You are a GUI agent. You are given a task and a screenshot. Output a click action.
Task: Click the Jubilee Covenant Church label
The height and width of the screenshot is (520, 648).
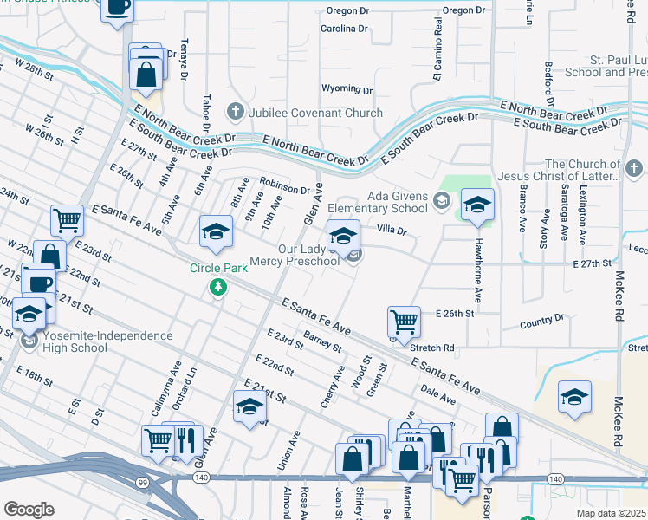[x=315, y=113]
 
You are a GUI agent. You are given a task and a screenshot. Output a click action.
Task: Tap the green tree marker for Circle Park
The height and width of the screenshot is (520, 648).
[x=218, y=287]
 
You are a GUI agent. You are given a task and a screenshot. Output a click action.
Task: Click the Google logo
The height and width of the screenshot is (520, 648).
[x=29, y=509]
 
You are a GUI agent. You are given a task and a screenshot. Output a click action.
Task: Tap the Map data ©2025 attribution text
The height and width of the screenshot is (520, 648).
[x=611, y=513]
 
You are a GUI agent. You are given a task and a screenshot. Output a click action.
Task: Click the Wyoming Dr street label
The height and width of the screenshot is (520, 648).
[x=347, y=89]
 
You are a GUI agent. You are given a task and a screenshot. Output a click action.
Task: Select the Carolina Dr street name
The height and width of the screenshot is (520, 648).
[x=344, y=29]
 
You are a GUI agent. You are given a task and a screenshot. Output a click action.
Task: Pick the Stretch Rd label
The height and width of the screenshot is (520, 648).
[x=432, y=348]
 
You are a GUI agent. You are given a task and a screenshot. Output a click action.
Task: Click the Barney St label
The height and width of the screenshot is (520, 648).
[x=323, y=341]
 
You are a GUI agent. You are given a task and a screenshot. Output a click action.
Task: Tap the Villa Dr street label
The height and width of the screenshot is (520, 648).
[x=392, y=230]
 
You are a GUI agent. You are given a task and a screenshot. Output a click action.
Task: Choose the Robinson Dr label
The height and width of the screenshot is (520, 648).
[x=284, y=185]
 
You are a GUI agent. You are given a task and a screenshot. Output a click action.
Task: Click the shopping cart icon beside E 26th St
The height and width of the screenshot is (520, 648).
[x=404, y=322]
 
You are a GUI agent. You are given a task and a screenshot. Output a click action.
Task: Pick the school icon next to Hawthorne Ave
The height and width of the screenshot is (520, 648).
[x=477, y=205]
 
